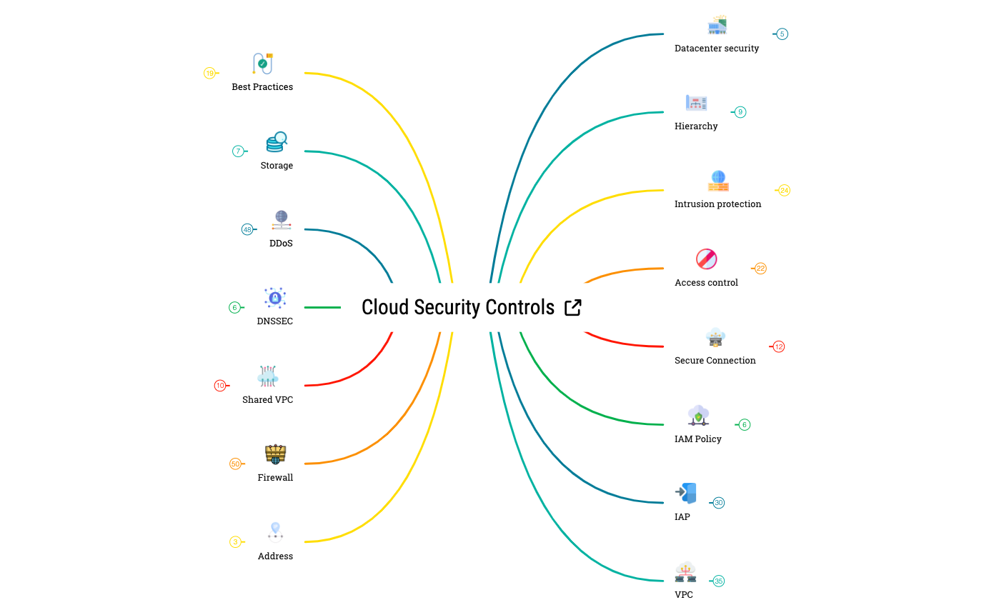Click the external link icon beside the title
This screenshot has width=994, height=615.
572,307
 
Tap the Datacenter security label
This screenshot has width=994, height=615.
717,49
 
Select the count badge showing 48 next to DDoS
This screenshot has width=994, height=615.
247,230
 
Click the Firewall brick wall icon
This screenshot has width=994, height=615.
275,454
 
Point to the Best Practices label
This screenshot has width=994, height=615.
262,87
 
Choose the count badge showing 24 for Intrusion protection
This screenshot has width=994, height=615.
784,191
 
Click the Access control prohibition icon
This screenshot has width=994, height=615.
706,259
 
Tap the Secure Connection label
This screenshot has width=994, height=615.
715,361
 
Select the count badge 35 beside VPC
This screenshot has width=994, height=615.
719,581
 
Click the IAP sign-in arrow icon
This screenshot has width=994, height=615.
685,493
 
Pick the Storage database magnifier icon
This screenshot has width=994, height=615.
277,142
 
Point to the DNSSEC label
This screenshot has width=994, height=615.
275,321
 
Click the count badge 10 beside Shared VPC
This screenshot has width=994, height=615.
220,386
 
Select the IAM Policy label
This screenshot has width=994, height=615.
697,439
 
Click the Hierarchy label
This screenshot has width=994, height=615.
696,126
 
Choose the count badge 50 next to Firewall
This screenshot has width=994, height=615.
235,464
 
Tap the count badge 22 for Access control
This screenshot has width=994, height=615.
760,269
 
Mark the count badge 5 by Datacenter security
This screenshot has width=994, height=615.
782,34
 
